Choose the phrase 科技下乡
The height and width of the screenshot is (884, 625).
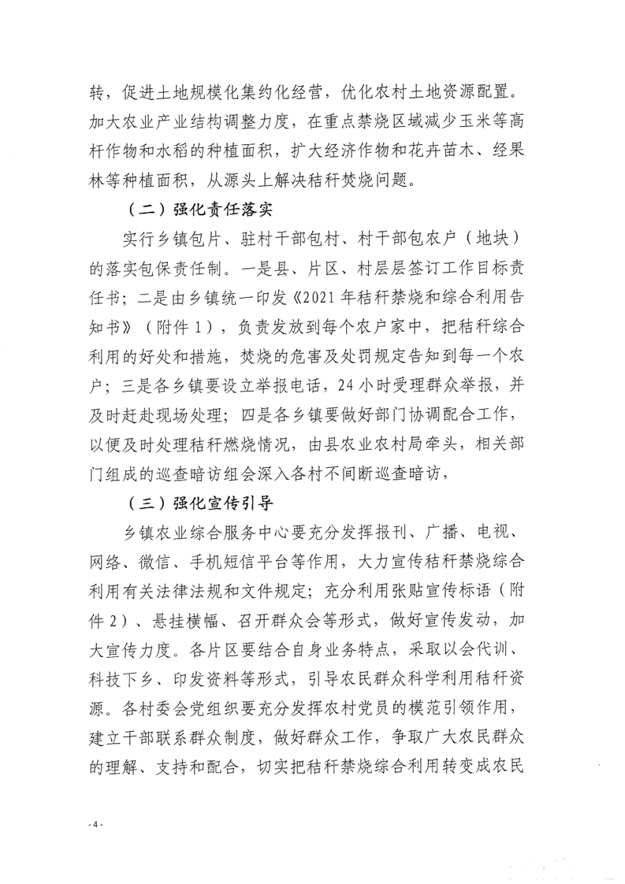(125, 678)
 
